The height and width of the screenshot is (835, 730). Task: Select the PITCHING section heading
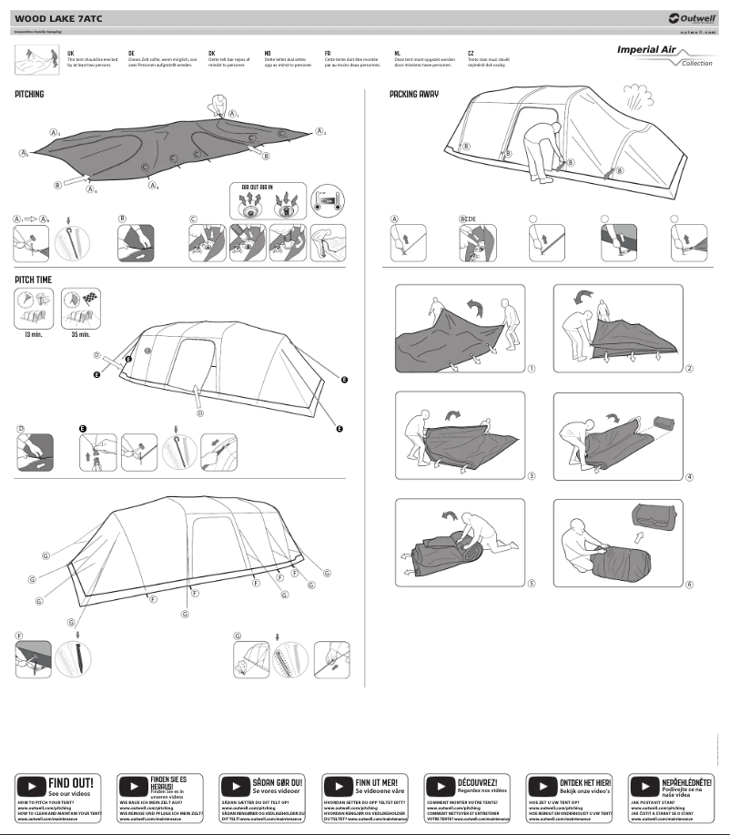tap(29, 94)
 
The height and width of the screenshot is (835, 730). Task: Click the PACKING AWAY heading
tap(415, 94)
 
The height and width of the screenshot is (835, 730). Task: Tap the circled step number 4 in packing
tap(689, 476)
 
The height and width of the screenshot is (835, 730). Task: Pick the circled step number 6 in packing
tap(689, 585)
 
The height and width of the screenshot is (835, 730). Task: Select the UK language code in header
tap(71, 53)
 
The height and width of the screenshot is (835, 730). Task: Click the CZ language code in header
tap(470, 53)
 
